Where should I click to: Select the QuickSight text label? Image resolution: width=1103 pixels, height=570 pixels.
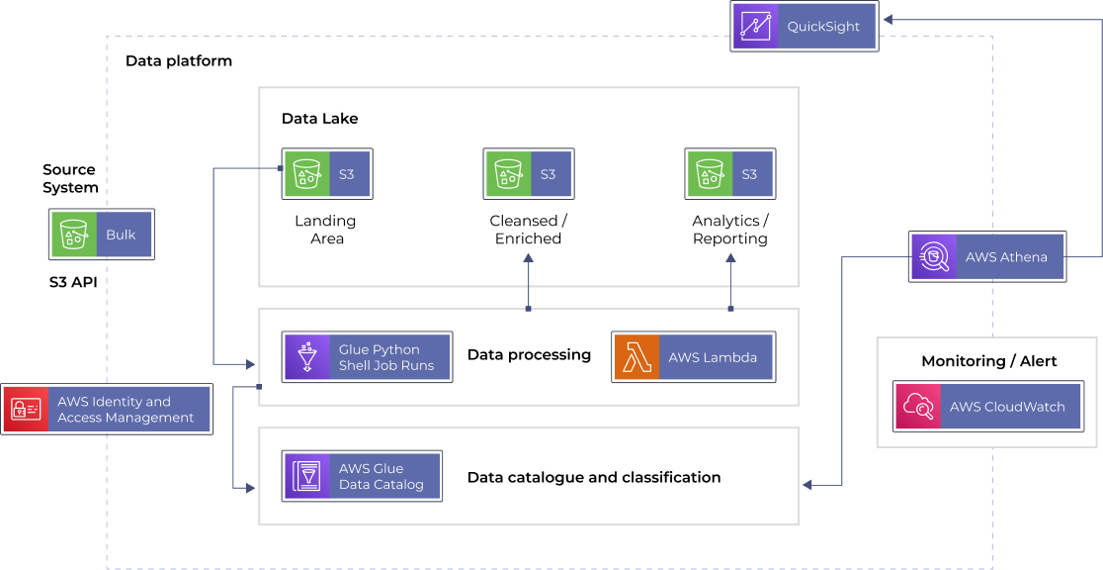point(823,27)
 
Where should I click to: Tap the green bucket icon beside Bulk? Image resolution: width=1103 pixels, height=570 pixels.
point(74,235)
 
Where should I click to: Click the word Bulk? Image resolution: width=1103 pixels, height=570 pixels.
point(121,236)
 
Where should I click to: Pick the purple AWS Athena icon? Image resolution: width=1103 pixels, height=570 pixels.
point(934,257)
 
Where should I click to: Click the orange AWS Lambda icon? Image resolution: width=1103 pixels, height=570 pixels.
point(637,357)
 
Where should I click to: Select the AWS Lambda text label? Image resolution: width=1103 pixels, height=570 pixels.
point(713,357)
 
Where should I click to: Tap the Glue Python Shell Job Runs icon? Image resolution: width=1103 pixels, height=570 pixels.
point(307,357)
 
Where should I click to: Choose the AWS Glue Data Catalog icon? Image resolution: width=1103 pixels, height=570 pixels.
point(307,476)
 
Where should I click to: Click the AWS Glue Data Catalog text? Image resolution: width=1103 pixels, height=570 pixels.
point(381,476)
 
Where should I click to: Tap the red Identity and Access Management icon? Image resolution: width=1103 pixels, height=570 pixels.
point(26,409)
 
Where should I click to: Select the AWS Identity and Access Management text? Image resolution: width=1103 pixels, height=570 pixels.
point(126,409)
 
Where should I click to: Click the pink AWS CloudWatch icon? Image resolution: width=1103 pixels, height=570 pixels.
point(918,407)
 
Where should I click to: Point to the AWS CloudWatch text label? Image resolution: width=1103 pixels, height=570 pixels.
point(1007,407)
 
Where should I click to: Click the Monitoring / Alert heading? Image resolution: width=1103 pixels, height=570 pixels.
point(988,361)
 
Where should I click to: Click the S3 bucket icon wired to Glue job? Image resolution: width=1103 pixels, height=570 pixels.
point(306,174)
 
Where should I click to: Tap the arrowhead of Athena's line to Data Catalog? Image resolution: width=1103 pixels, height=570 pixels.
point(807,485)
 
